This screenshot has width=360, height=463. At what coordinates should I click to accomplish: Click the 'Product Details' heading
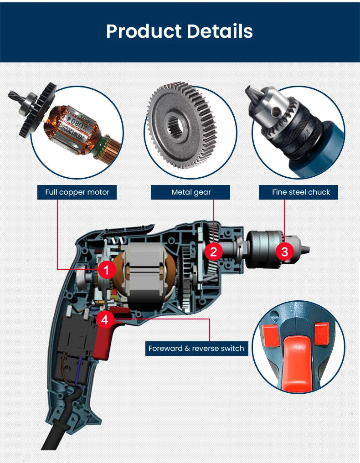[180, 31]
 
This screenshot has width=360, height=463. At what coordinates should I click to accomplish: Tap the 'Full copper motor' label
[77, 192]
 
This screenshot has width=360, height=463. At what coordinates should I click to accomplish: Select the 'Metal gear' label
[191, 192]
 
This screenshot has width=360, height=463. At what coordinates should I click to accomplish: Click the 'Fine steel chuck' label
[301, 192]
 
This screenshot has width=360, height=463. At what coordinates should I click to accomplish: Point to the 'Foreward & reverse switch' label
[196, 349]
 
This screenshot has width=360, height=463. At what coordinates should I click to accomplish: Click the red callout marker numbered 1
[107, 270]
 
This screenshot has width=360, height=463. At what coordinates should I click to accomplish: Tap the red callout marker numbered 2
[213, 251]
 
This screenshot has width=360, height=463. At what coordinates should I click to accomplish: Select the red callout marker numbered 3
[285, 251]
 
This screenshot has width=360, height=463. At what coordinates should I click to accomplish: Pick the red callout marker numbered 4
[105, 319]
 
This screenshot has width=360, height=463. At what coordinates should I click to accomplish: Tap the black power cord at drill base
[55, 437]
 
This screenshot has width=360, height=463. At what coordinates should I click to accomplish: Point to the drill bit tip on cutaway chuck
[306, 249]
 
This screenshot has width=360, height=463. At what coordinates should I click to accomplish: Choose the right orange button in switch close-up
[321, 332]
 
